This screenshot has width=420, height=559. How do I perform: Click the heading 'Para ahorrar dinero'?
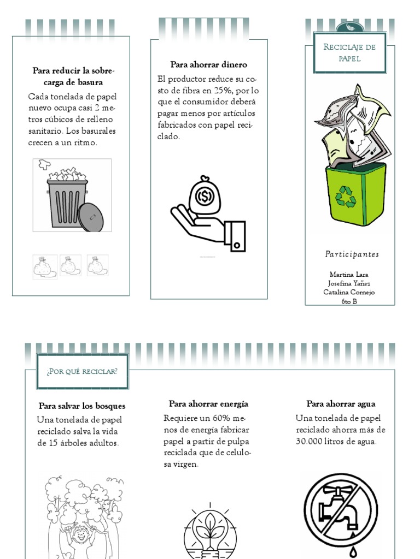point(208,64)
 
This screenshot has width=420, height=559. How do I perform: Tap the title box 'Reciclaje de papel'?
point(349,53)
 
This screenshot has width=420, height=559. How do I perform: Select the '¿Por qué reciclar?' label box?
point(82,372)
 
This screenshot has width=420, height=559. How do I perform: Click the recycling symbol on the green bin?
point(346,197)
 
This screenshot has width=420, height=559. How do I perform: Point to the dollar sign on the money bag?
point(206,195)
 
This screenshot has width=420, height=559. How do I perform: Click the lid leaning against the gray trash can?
point(90,217)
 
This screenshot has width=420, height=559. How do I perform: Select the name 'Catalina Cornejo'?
point(349,292)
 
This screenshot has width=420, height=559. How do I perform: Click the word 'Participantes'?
point(352,254)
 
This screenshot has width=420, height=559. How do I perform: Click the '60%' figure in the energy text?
point(221,418)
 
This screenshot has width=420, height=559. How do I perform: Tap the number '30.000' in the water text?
point(310,441)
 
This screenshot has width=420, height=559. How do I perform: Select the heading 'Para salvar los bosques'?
point(82,406)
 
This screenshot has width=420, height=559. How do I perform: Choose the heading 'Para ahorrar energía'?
point(208,404)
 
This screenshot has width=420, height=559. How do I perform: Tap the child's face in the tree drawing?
point(81,536)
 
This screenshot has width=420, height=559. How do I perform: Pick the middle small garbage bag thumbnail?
point(71,266)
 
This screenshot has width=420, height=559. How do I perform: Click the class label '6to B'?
point(349,301)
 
